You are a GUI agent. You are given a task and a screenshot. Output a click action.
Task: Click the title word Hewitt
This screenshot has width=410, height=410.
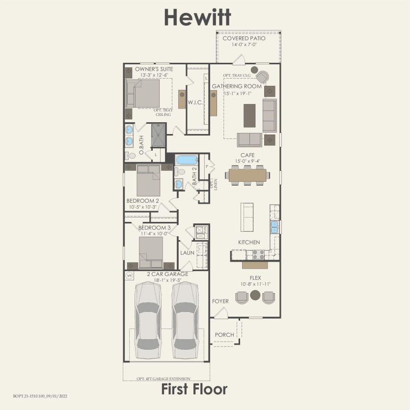(x=197, y=17)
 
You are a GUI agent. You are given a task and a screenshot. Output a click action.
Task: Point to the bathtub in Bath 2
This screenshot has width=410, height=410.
(x=186, y=160)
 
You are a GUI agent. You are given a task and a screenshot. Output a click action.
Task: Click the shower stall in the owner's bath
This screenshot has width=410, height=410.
(x=158, y=135)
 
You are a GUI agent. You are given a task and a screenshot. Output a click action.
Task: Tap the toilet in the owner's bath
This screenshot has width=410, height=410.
(x=131, y=156)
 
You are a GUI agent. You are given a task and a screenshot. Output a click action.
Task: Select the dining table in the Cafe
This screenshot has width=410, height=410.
(x=248, y=174)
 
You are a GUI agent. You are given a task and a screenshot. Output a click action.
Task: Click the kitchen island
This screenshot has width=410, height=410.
(x=247, y=217)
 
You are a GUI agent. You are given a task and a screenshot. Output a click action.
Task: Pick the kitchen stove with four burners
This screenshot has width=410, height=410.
(x=258, y=254)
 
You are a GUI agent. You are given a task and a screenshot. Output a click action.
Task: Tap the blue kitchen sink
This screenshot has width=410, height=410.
(x=274, y=227)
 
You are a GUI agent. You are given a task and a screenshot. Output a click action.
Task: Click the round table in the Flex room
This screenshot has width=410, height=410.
(x=255, y=296)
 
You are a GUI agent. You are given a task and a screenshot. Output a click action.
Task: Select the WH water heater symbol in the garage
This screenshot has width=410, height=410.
(x=130, y=275)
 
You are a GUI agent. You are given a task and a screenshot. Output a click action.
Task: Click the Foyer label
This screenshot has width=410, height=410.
(x=220, y=301)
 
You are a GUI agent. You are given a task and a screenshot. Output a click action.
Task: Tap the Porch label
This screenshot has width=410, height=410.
(x=224, y=335)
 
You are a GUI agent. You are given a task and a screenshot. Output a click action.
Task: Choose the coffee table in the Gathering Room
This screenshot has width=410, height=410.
(x=249, y=115)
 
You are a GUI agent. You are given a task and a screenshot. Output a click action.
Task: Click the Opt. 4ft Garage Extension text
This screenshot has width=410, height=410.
(x=164, y=379)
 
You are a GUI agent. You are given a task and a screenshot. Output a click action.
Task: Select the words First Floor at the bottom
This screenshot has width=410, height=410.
(x=194, y=390)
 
